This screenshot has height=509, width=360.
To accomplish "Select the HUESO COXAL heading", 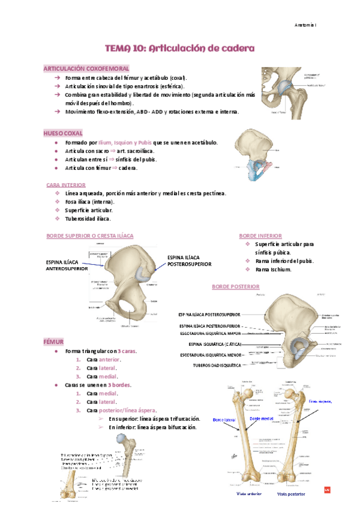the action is click(63, 133).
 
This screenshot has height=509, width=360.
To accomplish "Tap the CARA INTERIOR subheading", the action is click(65, 185).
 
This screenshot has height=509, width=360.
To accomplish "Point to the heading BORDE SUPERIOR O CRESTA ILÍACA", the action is click(90, 236).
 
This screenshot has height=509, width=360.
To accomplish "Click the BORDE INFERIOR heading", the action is click(260, 236).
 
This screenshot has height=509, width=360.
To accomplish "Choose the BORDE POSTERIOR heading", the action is click(235, 287).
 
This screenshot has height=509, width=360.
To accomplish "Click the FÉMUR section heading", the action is click(53, 341).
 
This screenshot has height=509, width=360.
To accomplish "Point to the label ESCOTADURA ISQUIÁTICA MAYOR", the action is click(210, 334).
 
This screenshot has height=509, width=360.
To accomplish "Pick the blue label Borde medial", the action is click(261, 418).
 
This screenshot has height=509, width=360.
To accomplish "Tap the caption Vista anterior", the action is click(249, 493).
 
